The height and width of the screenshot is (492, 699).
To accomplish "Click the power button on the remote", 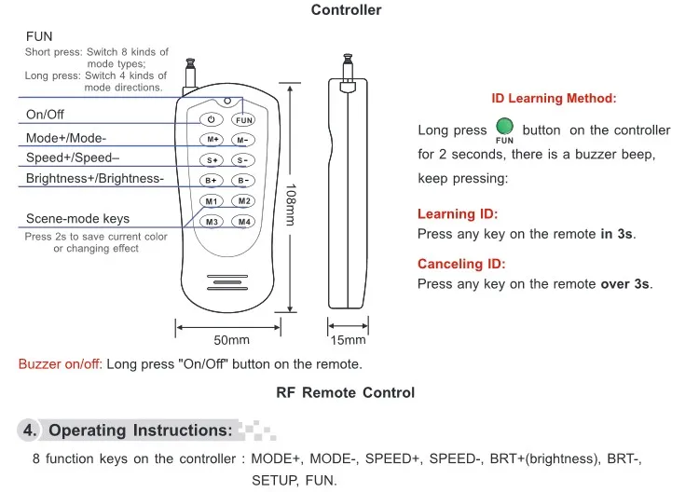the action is (212, 119).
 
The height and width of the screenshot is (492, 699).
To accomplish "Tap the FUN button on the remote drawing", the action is (243, 120).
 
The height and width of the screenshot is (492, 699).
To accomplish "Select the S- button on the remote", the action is (243, 160).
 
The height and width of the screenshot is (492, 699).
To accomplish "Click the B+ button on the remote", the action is (212, 181).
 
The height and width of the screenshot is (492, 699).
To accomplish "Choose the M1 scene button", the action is (212, 201).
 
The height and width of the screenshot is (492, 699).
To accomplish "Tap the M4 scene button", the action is (243, 222).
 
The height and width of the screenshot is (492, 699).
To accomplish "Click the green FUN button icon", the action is (504, 127).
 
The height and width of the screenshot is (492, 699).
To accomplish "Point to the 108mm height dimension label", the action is (290, 204).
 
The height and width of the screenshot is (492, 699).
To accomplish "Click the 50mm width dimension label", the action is (231, 340).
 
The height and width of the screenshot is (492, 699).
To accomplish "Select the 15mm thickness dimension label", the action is (348, 340).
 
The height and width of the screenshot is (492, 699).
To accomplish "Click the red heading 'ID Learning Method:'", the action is (554, 98).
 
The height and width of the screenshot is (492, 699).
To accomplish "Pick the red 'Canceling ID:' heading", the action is (461, 264).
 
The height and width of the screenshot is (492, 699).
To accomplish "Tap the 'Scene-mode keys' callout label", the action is (78, 218).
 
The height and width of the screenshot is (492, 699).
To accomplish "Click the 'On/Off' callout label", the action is (45, 115).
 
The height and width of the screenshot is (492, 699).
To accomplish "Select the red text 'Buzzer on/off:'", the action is (61, 364).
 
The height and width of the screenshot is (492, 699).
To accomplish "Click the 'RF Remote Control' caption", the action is (346, 392).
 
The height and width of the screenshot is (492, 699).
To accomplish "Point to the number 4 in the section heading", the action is (28, 430).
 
